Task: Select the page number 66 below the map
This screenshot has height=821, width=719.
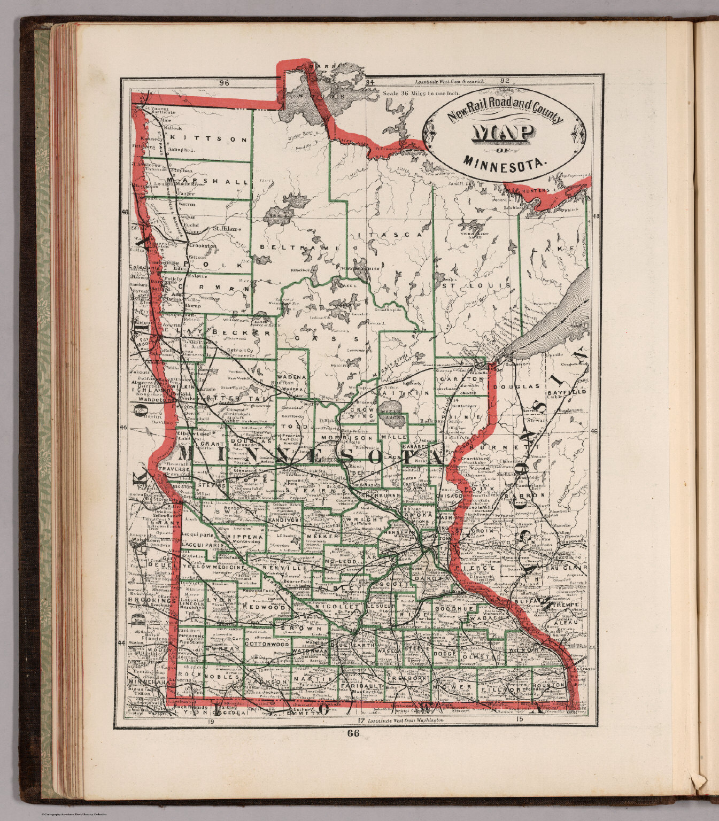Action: coord(353,734)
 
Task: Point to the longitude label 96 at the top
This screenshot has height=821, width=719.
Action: coord(224,83)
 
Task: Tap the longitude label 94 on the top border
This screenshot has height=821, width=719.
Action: coord(369,83)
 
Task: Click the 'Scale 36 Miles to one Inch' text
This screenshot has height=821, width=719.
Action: coord(421,93)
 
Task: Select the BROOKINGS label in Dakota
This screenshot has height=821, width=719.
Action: coord(152,601)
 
